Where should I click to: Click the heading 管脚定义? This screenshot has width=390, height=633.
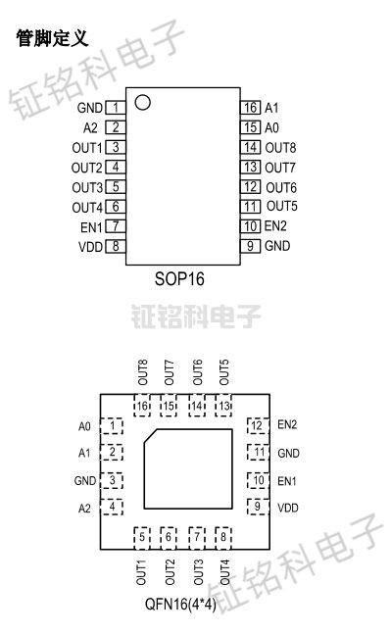point(53,37)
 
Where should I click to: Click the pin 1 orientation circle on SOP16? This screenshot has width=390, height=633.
point(143,102)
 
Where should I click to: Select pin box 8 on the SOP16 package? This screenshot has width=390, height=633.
point(116,246)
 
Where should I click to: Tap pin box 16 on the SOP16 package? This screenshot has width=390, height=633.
point(250,107)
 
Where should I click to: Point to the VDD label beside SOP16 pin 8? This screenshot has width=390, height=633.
point(90,246)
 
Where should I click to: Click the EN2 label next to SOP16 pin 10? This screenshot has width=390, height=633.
point(276,226)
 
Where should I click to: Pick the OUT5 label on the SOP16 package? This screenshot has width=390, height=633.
point(281,206)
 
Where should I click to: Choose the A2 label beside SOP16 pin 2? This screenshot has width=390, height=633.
point(91,126)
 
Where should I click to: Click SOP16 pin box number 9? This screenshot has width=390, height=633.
point(250,246)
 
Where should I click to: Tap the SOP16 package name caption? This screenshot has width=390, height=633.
point(181,278)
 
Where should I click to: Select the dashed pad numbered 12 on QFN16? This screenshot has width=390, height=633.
point(258,425)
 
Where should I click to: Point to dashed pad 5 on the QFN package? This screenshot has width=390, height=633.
point(143,536)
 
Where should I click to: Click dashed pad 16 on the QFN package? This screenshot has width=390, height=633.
point(143,406)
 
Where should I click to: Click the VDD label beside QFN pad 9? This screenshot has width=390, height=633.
point(288,508)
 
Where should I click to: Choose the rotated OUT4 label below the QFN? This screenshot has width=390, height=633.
point(225,570)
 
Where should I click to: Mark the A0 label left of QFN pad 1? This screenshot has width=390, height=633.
point(84,426)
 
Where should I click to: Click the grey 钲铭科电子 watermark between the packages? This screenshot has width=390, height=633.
point(195,316)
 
